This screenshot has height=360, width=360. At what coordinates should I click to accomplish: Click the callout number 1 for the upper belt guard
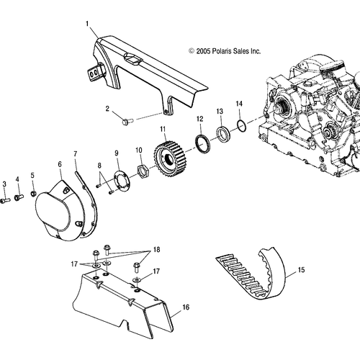[87, 24]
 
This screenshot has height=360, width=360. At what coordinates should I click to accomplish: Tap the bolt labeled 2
[127, 121]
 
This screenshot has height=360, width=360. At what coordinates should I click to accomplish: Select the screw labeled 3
[5, 201]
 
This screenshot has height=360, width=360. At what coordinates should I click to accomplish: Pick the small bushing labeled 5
[34, 193]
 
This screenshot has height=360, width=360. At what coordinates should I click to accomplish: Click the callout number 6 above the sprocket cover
[60, 164]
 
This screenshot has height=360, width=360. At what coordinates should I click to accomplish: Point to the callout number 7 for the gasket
[76, 154]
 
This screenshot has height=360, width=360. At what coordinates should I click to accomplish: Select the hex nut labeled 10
[143, 170]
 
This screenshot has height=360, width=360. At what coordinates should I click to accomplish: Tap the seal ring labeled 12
[203, 143]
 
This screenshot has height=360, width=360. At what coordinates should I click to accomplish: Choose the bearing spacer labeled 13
[223, 134]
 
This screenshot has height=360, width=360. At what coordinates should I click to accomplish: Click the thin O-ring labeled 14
[241, 125]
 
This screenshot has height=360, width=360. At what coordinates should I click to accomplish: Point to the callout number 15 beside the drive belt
[301, 270]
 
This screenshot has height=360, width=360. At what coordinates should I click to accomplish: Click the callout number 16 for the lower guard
[186, 307]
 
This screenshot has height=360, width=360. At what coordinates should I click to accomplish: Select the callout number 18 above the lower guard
[156, 250]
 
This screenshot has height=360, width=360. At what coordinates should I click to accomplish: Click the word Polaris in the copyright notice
[220, 51]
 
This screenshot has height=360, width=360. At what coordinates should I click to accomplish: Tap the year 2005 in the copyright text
[203, 51]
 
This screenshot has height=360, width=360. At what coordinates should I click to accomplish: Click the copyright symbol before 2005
[192, 51]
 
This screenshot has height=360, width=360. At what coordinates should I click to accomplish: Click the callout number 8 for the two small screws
[99, 166]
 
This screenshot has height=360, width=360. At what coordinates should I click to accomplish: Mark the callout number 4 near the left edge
[17, 179]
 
